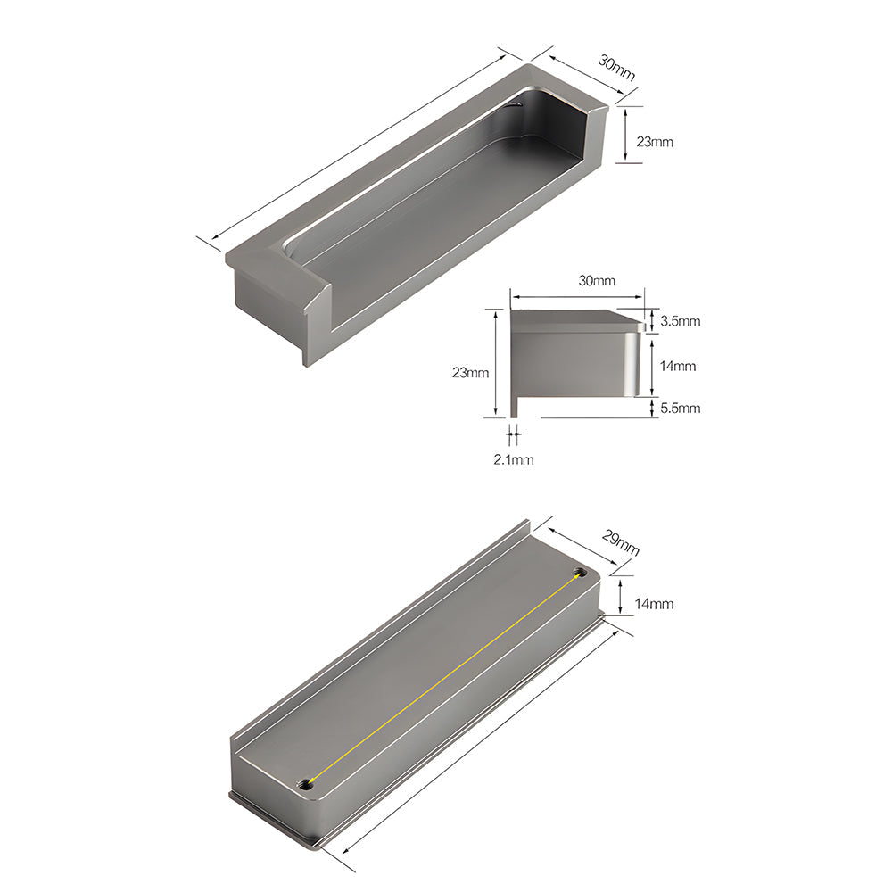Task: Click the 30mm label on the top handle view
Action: coord(616,68)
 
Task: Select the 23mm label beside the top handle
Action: coord(654,142)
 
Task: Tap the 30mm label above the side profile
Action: coord(597,281)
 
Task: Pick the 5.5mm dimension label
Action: coord(680,408)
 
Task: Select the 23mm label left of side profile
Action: coord(470,374)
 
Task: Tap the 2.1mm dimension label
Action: coord(515,459)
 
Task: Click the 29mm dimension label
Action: coord(620,543)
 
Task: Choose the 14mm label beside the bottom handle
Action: coord(654,604)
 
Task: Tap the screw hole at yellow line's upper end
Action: coord(581,571)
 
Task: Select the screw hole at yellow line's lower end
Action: coord(306,783)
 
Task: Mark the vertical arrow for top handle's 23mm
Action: coord(626,135)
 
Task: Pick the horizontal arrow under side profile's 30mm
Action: coord(577,298)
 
